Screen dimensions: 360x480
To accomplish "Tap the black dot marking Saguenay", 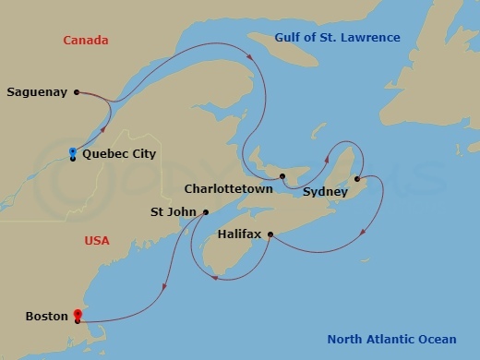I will tap(76, 91).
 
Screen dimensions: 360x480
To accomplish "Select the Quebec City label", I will tap(119, 154).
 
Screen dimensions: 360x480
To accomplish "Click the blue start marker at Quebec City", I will tap(73, 151).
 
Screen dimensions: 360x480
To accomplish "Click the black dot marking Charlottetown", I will tap(283, 175).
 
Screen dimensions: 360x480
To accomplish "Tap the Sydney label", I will tap(325, 192).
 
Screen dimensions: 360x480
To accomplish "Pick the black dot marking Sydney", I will tap(357, 179).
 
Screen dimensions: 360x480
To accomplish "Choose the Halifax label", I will tap(239, 234).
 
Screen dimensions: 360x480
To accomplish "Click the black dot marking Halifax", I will tap(270, 234).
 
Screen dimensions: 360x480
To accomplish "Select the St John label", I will tap(172, 212).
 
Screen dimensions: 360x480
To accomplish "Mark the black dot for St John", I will tap(205, 212).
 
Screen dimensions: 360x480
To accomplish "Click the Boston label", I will tap(46, 316).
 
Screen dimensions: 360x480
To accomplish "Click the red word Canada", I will tap(86, 41).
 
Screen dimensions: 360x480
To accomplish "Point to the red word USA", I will tap(97, 241).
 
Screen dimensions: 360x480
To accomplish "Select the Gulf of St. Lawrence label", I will tap(337, 38).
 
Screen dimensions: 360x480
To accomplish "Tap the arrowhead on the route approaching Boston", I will tap(163, 285).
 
